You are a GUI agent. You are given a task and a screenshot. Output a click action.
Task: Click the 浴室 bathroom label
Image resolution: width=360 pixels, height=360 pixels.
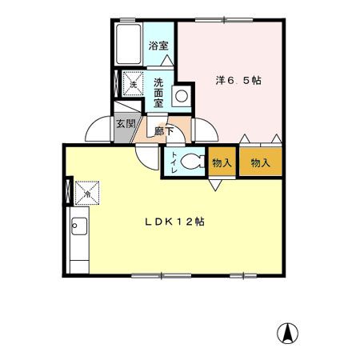(x=158, y=46)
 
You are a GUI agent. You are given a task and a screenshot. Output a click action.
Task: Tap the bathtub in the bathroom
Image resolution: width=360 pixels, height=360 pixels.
(x=129, y=44)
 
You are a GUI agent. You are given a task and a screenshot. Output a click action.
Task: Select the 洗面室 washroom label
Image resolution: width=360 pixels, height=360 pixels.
(x=158, y=93)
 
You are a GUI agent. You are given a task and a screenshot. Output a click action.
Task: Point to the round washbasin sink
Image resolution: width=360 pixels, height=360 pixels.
(x=182, y=96)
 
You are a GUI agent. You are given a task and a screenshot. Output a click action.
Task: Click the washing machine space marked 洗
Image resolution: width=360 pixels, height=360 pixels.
(x=133, y=83)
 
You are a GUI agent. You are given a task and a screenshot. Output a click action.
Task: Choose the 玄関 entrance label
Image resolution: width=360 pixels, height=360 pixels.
(x=126, y=123)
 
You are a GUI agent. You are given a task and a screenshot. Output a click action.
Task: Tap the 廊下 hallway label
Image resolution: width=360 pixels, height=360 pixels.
(x=164, y=131)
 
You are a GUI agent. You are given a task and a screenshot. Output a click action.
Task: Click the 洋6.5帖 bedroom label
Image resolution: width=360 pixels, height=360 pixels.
(x=238, y=80)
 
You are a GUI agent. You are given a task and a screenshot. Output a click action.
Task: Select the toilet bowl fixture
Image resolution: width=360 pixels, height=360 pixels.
(x=192, y=162)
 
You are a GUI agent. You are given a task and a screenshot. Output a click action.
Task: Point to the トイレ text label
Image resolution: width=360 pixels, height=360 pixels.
(x=174, y=162)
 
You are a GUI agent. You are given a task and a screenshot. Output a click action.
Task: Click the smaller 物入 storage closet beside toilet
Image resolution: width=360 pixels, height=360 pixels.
(x=222, y=162)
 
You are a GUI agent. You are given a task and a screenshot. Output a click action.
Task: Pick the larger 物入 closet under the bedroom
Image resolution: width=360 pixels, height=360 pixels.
(x=261, y=162)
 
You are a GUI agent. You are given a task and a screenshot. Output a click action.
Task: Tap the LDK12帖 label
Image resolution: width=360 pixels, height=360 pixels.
(x=174, y=222)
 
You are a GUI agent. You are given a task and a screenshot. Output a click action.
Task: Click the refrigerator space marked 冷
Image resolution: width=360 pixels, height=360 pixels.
(x=87, y=193)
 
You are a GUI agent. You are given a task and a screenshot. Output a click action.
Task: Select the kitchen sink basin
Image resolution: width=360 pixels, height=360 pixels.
(x=79, y=226)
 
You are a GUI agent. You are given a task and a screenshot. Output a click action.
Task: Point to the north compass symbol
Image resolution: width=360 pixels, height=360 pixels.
(x=287, y=334)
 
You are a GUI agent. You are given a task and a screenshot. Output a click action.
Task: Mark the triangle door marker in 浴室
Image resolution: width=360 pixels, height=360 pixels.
(x=167, y=60)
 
